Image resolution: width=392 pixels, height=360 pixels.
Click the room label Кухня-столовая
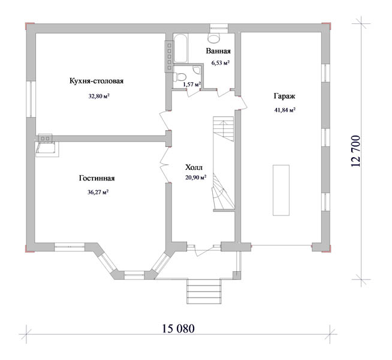point(97,81)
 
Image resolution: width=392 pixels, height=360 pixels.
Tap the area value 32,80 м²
point(99,96)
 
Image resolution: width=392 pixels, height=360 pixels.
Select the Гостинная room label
point(97,178)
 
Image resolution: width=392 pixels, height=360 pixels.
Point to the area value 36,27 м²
point(98,192)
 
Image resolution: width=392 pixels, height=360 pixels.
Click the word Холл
point(194,167)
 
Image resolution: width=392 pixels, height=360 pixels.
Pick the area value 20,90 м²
point(195,178)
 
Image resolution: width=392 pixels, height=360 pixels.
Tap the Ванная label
point(218,51)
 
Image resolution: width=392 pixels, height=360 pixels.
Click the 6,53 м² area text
point(221,62)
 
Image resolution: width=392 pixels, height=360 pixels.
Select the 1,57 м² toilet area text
point(192,85)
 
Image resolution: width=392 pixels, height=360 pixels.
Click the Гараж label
point(285,96)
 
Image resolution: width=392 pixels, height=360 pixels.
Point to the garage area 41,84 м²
point(285,110)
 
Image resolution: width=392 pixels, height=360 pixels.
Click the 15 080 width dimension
point(178,328)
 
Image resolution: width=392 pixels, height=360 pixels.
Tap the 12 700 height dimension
point(355,151)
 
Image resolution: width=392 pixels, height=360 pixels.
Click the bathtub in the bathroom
point(180,48)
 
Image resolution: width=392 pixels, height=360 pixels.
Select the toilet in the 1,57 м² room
point(180,77)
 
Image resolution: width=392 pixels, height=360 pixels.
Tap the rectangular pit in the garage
point(281,190)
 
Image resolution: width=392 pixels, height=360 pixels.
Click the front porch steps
point(204,292)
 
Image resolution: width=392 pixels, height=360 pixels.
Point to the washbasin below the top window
point(214,38)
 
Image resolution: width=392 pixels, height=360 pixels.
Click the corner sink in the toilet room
point(198,70)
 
